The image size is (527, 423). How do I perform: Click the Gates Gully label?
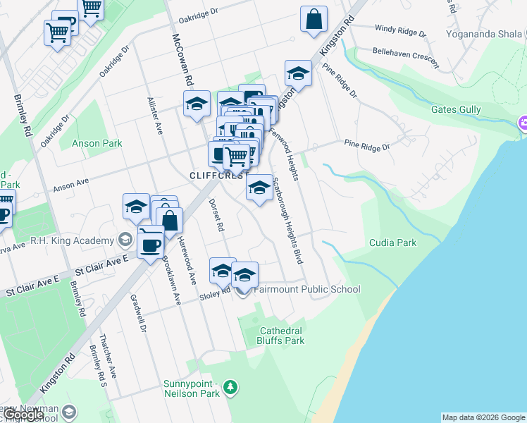point(456,110)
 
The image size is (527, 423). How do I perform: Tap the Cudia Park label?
point(392,243)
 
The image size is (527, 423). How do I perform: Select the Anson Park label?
point(97,143)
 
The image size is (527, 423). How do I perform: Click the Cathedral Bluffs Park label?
point(282,336)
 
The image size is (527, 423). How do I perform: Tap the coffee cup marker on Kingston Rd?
point(150,244)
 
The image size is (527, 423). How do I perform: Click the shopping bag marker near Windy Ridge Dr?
point(314,20)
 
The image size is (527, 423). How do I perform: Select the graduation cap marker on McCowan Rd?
point(197,105)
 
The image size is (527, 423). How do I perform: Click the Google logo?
point(24,415)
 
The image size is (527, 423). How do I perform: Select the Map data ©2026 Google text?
point(483,417)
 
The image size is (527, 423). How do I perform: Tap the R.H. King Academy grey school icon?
point(125,239)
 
